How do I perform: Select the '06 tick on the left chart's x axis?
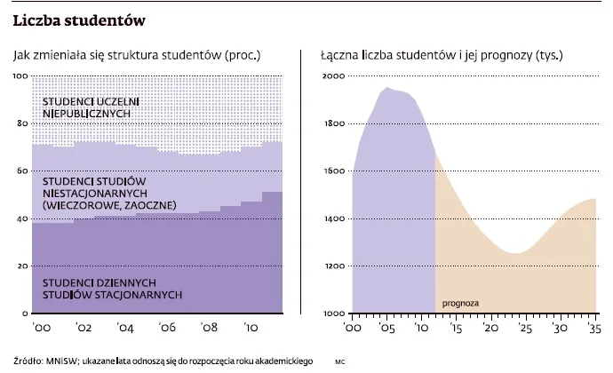166,329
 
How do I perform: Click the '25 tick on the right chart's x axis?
524,329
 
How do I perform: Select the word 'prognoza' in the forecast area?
460,304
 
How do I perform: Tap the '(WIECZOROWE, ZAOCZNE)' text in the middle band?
109,205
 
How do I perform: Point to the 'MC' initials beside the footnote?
339,362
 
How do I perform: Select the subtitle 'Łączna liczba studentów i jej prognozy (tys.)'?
442,55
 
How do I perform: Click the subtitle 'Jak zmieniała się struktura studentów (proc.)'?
137,55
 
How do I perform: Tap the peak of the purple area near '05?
387,88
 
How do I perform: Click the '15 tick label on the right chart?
456,329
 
